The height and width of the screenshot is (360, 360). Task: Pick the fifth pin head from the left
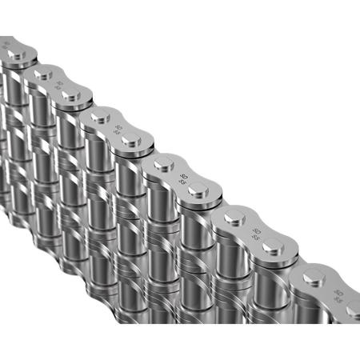point(130,142)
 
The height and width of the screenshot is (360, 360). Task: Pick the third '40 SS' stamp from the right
point(183,178)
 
